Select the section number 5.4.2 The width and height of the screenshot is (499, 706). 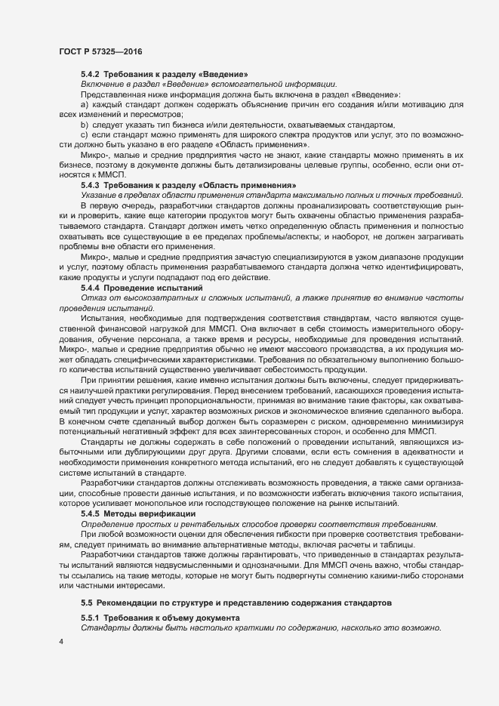coord(91,74)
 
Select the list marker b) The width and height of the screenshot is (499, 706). coord(85,124)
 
